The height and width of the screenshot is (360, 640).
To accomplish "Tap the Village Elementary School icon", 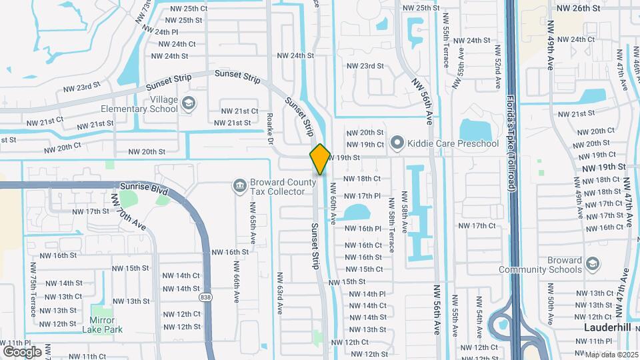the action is tap(189, 103).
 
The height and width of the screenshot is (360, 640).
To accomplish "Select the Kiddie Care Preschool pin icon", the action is tap(397, 143).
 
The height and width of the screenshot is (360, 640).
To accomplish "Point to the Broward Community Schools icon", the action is tap(591, 264).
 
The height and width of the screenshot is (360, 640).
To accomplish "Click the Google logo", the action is tap(22, 351).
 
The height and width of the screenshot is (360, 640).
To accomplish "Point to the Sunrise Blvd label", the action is tap(144, 189).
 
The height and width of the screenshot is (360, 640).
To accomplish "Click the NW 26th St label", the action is tap(577, 7).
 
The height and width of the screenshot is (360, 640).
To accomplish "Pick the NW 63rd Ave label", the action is tap(281, 294).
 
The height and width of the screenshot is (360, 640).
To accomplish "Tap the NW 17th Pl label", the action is tap(362, 196).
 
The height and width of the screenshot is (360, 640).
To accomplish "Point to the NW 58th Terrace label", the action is tap(391, 231).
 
